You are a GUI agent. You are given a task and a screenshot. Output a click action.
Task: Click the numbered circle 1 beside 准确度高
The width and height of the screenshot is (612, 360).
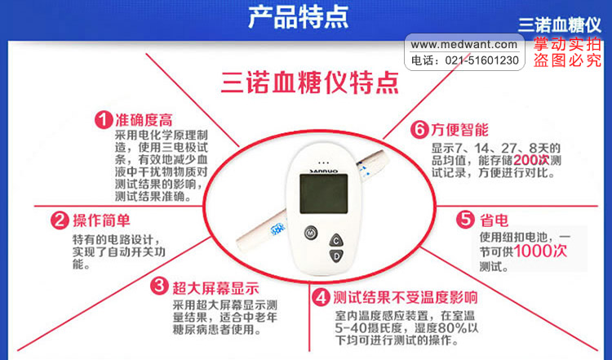point(104,119)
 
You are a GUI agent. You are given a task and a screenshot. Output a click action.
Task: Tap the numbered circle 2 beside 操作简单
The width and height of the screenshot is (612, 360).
point(60,220)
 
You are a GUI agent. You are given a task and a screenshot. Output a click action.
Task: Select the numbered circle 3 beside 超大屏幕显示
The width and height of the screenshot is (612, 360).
point(159,287)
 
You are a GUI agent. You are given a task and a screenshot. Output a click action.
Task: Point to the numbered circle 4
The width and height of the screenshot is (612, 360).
point(321,297)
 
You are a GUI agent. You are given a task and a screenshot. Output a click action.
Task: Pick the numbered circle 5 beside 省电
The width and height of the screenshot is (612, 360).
point(465,220)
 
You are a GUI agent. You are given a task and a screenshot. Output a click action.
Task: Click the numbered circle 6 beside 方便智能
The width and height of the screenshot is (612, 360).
point(419,129)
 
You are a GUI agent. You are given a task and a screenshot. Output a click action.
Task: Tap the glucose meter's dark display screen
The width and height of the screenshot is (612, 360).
point(324,193)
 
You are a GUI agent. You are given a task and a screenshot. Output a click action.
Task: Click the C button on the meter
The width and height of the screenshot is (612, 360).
point(336,240)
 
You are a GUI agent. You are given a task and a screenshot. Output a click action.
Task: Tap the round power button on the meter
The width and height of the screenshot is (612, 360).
point(311,233)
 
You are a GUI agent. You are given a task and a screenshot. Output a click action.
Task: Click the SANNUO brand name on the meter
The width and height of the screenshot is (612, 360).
point(324,171)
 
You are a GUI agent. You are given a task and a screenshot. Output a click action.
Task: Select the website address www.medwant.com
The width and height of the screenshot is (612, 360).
point(463,45)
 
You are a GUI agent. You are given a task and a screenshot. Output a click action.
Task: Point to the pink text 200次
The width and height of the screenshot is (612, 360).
point(531,160)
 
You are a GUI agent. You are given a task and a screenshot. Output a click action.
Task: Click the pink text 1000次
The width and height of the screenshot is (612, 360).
point(540,251)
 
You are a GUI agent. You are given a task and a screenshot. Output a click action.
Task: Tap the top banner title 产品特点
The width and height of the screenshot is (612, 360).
point(298,17)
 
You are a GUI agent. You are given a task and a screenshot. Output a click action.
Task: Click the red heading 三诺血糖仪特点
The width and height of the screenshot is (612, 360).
point(310,82)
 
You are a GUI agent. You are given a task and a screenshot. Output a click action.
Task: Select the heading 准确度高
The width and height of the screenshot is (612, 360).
point(144,119)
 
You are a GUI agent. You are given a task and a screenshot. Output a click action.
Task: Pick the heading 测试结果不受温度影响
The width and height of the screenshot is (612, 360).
point(405,297)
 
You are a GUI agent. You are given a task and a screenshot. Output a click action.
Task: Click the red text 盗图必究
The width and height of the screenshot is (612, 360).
point(567,60)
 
